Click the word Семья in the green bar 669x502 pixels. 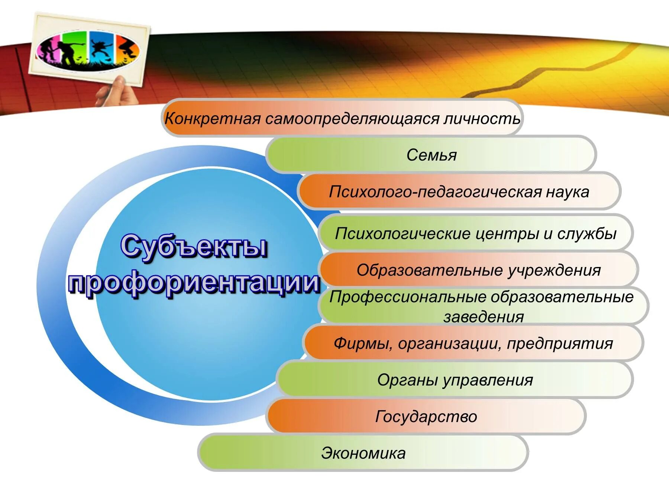click(x=431, y=155)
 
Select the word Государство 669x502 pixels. click(x=426, y=416)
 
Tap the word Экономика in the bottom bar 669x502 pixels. click(x=363, y=453)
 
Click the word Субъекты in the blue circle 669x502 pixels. click(x=194, y=247)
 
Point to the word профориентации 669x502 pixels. click(x=194, y=283)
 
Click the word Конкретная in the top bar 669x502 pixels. click(x=213, y=119)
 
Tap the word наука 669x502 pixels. click(x=567, y=192)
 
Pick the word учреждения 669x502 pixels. click(x=554, y=270)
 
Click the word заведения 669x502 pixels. click(x=483, y=317)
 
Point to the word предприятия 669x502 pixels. click(x=560, y=343)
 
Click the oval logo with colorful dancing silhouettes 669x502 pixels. click(x=88, y=51)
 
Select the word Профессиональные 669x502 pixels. click(x=408, y=297)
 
